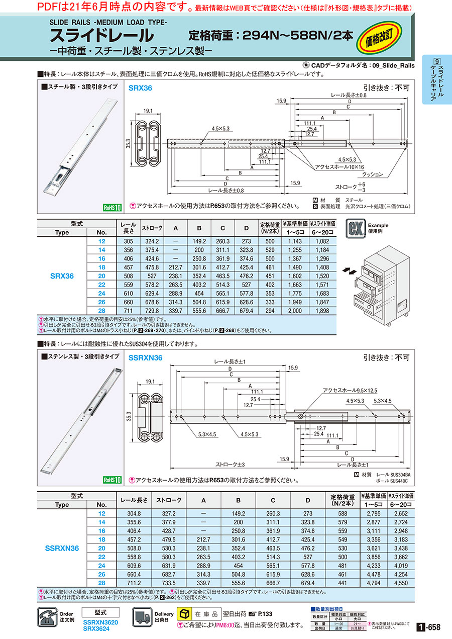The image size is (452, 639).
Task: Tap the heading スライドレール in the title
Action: (101, 36)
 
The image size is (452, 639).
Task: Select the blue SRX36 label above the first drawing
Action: (140, 87)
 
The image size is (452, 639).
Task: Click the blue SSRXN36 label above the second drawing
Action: (145, 358)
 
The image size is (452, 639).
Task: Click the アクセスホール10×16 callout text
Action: (342, 166)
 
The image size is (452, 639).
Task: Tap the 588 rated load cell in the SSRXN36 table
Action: (343, 513)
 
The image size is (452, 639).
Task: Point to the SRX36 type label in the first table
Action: (62, 276)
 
